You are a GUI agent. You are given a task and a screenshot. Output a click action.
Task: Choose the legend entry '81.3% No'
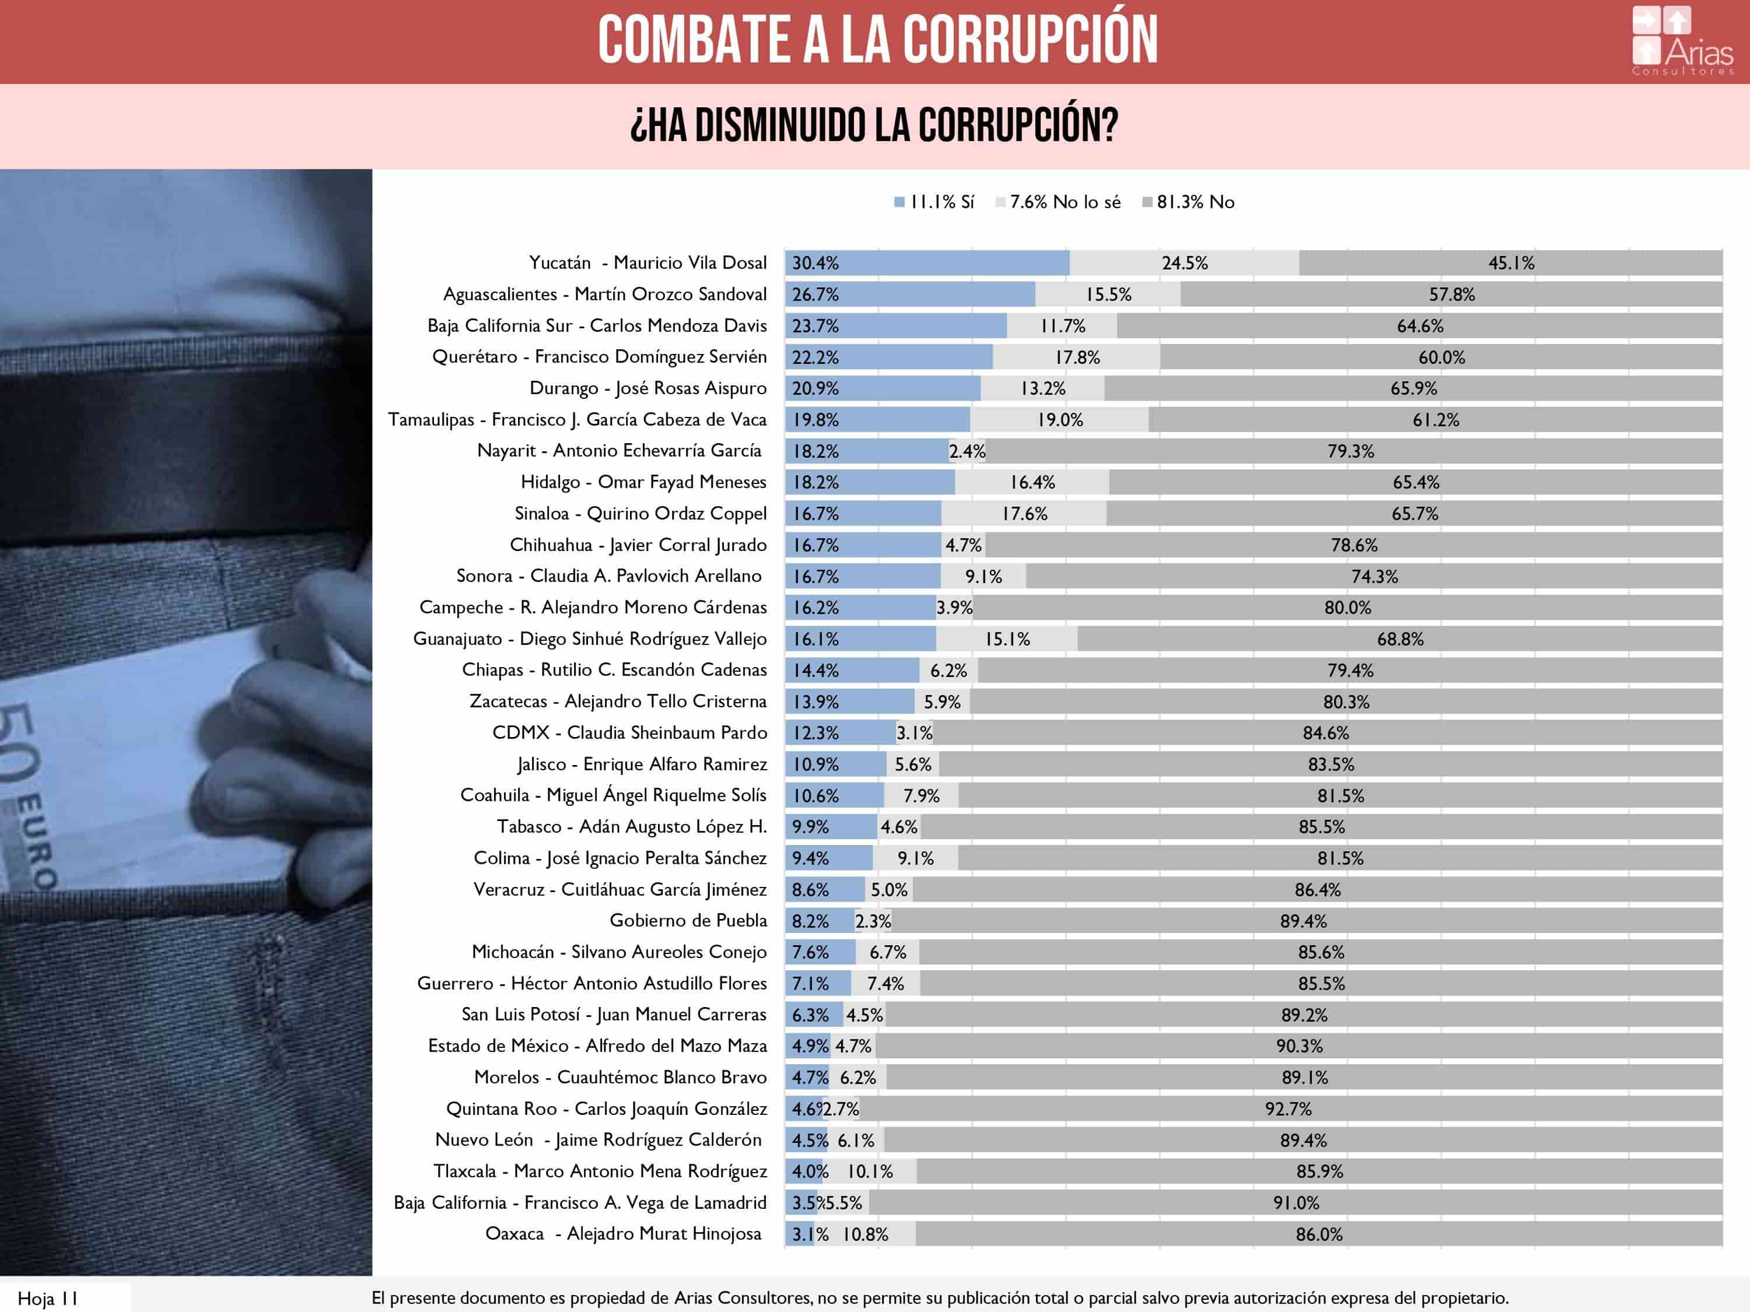(1188, 202)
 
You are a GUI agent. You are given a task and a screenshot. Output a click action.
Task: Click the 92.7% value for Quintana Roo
(1288, 1108)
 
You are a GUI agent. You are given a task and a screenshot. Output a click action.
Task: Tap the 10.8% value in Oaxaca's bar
(864, 1234)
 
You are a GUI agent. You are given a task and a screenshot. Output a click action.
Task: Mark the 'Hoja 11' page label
(47, 1299)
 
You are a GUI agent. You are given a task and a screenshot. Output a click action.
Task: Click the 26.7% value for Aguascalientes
(815, 295)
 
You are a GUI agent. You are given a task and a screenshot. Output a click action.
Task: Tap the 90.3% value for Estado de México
(1299, 1046)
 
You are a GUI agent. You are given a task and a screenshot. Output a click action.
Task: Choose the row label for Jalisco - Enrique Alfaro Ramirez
(642, 764)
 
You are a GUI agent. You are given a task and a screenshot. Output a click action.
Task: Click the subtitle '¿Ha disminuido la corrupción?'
(874, 125)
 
